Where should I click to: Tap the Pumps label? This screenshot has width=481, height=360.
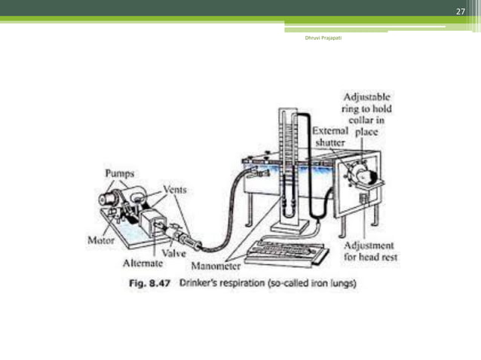(116, 172)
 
